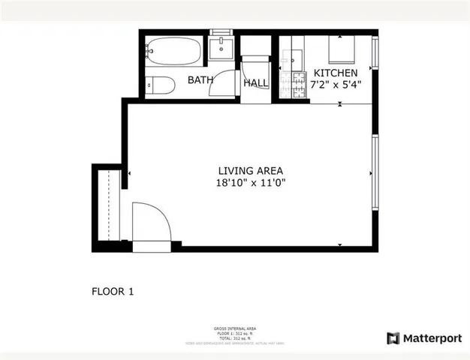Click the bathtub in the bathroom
coord(174,52)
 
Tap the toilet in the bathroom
coord(160,85)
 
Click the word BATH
coord(200,80)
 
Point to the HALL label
coord(256,84)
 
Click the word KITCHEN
coord(336,73)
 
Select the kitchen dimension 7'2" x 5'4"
coord(336,85)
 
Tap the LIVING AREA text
coord(250,170)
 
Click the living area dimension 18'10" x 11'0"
coord(250,182)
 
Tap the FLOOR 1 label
coord(113,291)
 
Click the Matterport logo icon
coord(394,338)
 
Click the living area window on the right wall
coord(375,172)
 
